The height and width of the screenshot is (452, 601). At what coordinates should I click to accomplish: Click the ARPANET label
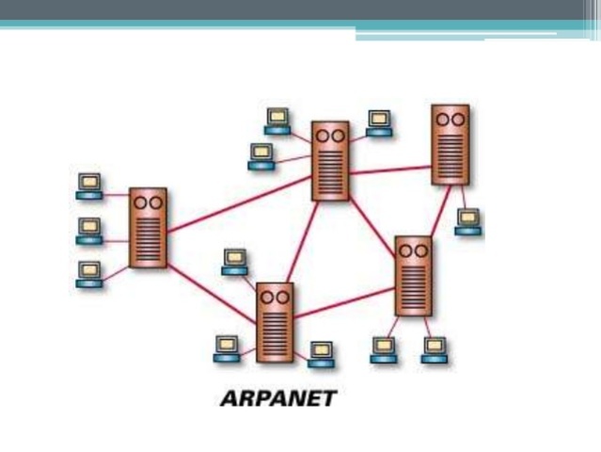point(277,397)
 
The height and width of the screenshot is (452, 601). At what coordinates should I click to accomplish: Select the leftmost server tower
point(148,227)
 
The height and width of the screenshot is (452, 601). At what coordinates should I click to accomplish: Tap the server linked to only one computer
point(450,144)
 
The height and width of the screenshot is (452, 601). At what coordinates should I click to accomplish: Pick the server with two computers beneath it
point(413,275)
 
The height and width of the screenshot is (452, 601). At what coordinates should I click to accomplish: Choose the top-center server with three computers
point(330,160)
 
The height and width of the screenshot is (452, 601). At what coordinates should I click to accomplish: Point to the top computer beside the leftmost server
point(89,186)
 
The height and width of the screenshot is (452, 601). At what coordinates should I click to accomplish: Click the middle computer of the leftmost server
point(89,230)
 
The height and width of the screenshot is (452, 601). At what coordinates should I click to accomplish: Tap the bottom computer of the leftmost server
point(89,273)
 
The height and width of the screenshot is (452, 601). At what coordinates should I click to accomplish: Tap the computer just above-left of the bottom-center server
point(235,261)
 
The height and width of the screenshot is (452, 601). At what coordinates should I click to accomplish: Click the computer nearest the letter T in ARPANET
point(322,353)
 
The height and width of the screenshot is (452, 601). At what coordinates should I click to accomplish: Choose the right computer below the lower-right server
point(434,349)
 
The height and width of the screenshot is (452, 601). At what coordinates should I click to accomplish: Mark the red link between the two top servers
point(390,170)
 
